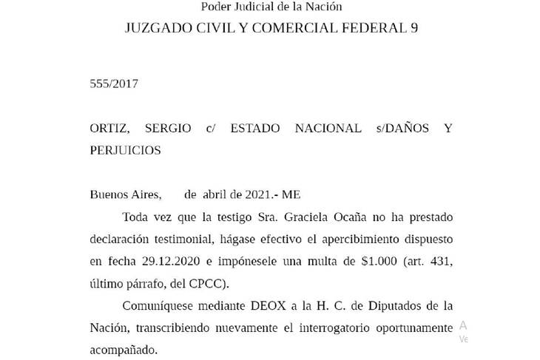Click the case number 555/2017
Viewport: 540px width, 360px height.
(x=114, y=84)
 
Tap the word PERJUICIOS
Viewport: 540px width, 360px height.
(x=125, y=150)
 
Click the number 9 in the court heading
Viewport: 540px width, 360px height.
(x=414, y=28)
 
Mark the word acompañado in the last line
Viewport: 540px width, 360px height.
(x=124, y=350)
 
